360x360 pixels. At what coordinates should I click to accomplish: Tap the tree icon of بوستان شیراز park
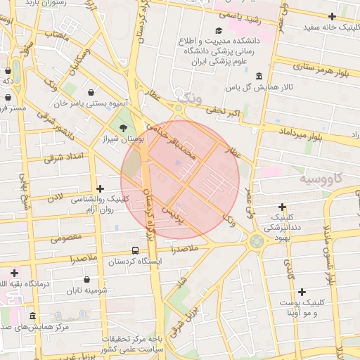[x=124, y=127]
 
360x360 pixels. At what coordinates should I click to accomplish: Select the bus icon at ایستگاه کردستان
[x=135, y=250]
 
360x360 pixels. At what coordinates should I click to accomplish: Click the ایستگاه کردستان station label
[x=136, y=262]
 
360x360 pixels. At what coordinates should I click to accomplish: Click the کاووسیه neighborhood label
[x=323, y=178]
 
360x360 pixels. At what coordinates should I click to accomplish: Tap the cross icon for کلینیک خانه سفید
[x=332, y=16]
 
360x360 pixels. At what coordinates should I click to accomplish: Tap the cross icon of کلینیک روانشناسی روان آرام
[x=100, y=188]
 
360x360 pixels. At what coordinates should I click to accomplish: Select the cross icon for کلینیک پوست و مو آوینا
[x=302, y=292]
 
